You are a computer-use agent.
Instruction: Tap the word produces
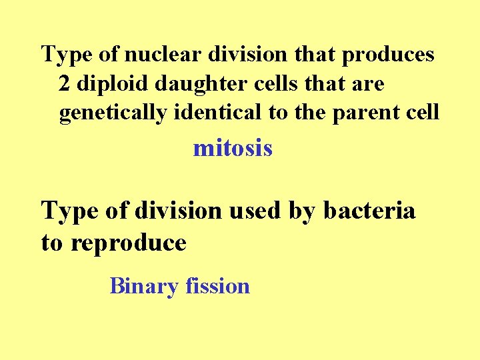[388, 54]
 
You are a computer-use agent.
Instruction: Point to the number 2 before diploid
[64, 83]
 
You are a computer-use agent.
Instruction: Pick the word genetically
[113, 113]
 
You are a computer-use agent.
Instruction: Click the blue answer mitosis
[233, 147]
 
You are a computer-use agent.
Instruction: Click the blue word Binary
[145, 287]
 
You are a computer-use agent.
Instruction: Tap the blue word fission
[218, 286]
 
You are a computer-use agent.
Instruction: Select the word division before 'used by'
[177, 211]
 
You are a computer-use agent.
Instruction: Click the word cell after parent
[423, 113]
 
